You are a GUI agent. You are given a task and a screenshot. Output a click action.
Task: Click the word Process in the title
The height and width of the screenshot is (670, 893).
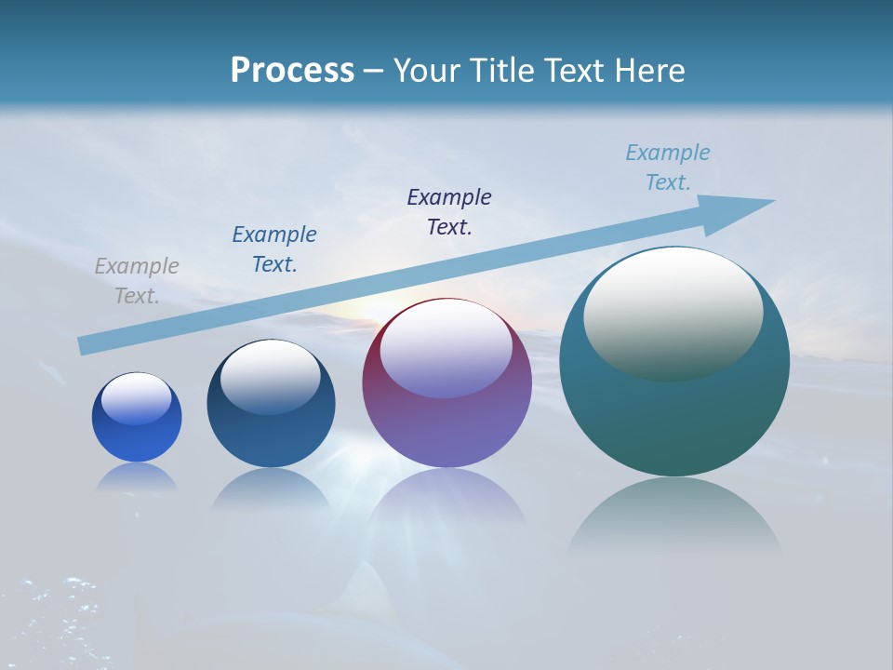tap(292, 71)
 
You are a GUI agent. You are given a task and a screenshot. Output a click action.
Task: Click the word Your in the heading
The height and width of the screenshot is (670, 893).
tap(426, 71)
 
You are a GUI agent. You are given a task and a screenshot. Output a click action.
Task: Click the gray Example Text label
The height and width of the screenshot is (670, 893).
tap(137, 281)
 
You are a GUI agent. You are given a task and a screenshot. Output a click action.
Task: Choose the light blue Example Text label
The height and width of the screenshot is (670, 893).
tap(668, 167)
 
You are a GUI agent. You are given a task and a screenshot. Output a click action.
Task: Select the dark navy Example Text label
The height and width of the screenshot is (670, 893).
tap(449, 212)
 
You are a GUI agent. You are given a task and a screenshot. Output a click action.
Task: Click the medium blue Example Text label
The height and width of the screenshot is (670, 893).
tap(274, 249)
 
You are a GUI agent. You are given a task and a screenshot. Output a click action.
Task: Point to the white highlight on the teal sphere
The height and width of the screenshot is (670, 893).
tap(673, 312)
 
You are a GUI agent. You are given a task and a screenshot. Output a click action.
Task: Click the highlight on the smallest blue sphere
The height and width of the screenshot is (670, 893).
tap(137, 398)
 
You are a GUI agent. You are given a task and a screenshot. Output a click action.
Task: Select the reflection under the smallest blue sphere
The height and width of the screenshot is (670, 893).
tap(137, 476)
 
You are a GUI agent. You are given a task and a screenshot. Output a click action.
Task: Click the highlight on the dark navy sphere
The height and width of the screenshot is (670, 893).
tap(271, 377)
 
